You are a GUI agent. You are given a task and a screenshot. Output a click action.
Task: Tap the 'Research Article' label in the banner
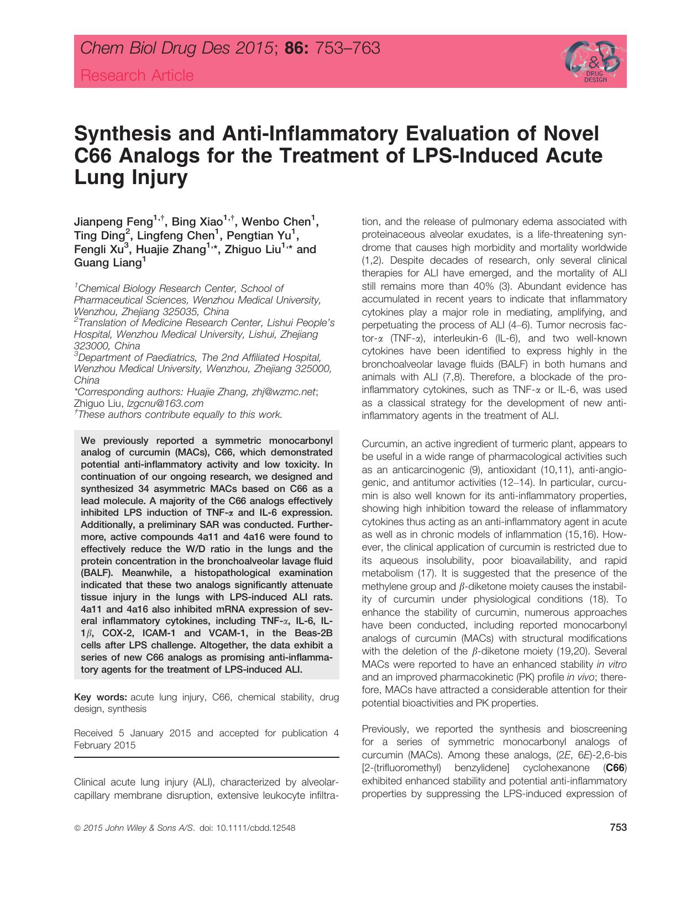click(137, 75)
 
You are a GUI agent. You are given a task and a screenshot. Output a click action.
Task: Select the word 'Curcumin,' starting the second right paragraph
click(382, 444)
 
